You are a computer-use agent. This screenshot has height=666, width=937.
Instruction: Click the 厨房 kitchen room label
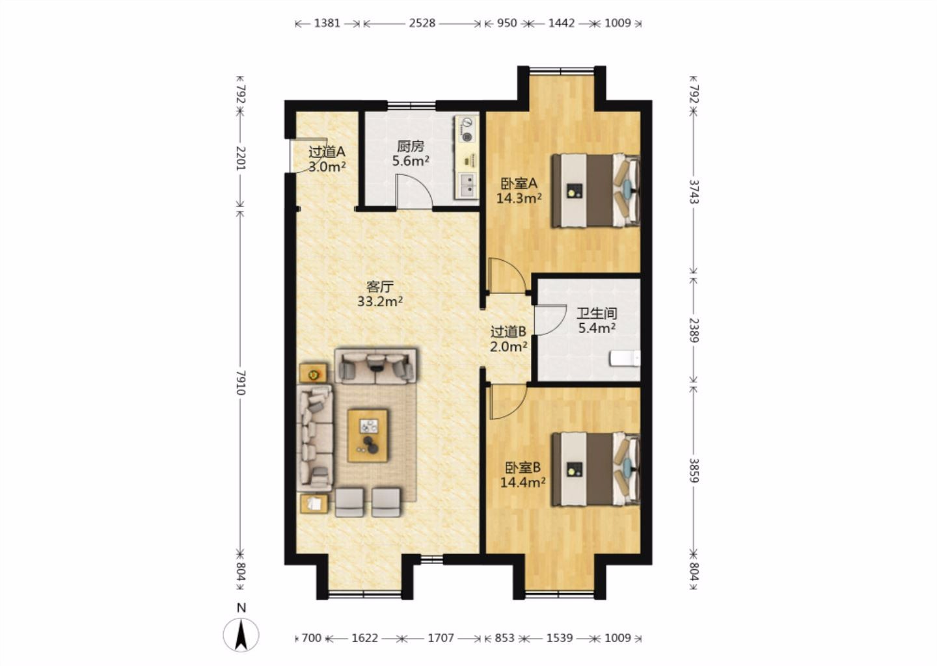pos(411,147)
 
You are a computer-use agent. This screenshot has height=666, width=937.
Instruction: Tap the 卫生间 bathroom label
pos(597,313)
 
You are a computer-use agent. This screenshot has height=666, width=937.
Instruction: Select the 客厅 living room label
pos(380,287)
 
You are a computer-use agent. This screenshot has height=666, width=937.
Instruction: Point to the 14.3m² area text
pos(519,198)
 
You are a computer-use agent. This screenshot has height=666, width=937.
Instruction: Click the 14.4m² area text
pos(523,483)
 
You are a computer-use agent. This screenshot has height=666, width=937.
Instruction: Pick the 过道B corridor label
pos(508,332)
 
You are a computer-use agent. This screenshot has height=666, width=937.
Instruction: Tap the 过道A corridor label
pos(327,152)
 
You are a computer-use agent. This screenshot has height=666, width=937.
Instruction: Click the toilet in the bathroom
pos(625,359)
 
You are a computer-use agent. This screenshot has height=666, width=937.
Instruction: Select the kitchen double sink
pos(468,185)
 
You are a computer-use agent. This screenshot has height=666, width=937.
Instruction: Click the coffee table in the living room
pos(368,436)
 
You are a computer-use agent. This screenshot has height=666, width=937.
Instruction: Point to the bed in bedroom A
pos(595,191)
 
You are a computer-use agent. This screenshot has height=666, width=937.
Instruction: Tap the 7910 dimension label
pos(241,382)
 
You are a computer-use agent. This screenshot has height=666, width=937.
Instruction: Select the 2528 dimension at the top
pos(422,23)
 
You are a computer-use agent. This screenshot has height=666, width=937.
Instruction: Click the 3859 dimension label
pos(694,470)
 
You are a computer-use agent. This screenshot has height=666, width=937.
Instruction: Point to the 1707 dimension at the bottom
pos(441,638)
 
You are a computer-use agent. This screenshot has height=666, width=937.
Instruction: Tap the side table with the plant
pos(314,373)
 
